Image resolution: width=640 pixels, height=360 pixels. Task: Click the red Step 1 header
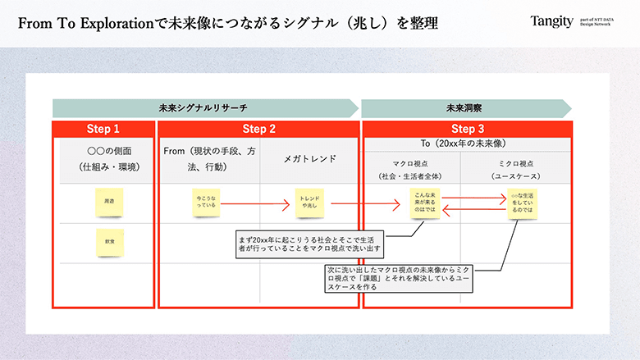pos(103,129)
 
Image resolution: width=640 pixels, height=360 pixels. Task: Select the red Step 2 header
pos(258,129)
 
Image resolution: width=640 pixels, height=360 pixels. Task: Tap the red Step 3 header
pos(467,129)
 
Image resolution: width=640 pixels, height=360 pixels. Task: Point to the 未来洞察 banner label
pos(464,108)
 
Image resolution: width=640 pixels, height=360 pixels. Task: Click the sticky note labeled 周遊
pos(109,201)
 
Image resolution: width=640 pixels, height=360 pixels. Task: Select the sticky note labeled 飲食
pos(109,244)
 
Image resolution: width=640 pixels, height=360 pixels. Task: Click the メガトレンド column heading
pos(309,158)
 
